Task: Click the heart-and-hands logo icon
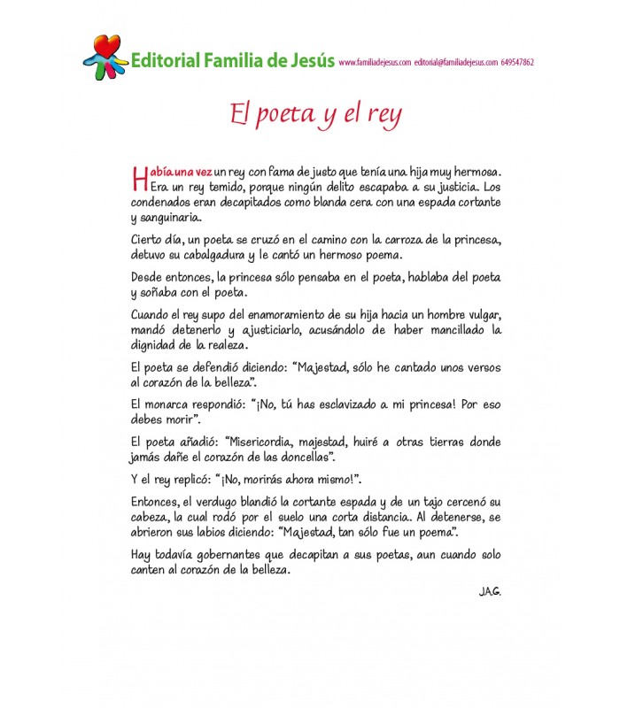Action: (x=105, y=56)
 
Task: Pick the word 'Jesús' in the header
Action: (x=307, y=61)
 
